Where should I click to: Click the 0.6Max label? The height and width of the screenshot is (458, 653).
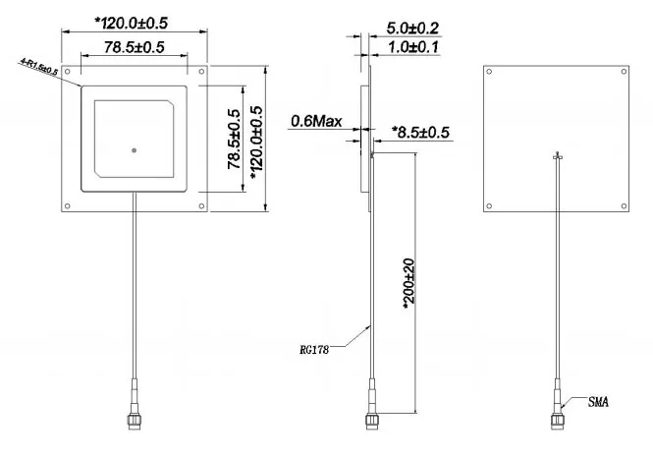315,122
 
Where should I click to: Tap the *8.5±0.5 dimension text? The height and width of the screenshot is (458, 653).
420,132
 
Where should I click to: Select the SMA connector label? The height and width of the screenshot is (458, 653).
600,402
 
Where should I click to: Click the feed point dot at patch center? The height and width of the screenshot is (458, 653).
134,150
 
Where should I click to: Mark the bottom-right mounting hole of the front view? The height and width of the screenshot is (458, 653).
202,205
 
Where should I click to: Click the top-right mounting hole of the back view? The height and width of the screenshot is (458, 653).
623,70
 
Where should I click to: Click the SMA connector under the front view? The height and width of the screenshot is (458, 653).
134,415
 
